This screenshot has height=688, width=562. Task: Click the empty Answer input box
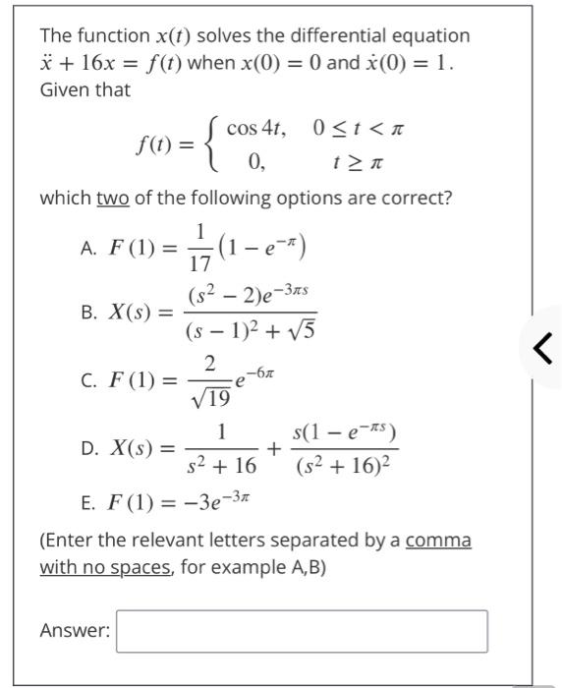[302, 631]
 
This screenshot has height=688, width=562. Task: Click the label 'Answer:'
[75, 631]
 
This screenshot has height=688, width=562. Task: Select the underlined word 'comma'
[438, 541]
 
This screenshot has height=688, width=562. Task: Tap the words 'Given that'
[85, 88]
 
